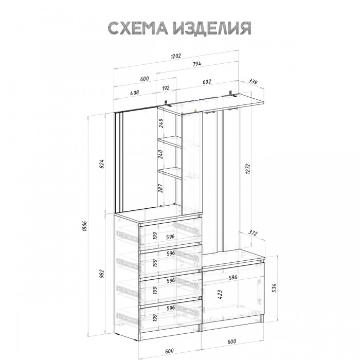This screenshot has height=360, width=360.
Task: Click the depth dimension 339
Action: pos(253,81)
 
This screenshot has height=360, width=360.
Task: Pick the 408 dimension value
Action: pos(134,94)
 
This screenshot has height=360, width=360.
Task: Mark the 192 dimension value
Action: pos(166,88)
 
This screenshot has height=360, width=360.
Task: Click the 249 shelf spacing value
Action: pos(161,123)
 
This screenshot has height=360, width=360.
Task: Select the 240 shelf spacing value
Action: pos(161,154)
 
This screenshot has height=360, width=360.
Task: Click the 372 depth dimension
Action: pos(251,233)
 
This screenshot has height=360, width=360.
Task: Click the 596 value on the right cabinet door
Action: pos(232,277)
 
